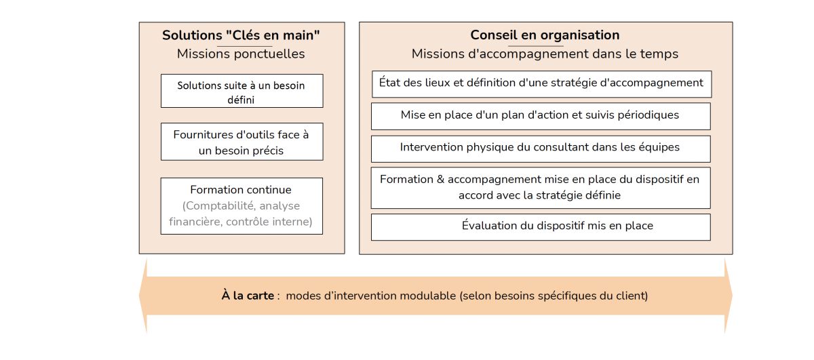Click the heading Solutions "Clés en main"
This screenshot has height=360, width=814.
[241, 35]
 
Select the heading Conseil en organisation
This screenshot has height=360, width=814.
[545, 35]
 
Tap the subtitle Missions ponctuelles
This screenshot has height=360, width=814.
[241, 54]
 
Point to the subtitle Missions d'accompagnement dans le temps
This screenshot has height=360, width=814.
[545, 54]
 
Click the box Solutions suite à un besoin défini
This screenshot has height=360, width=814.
[242, 91]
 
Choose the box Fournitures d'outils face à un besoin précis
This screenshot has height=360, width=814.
[242, 142]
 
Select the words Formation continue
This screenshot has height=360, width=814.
[241, 190]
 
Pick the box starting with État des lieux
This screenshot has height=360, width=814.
[541, 84]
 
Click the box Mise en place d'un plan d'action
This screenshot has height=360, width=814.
[541, 116]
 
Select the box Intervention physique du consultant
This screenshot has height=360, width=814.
[541, 149]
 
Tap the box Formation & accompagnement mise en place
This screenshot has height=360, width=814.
[541, 188]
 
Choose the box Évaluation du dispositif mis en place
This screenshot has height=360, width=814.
[541, 227]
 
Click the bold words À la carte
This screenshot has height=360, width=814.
[248, 296]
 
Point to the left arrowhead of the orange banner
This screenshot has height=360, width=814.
[143, 296]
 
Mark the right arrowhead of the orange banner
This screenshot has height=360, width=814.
[729, 296]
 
